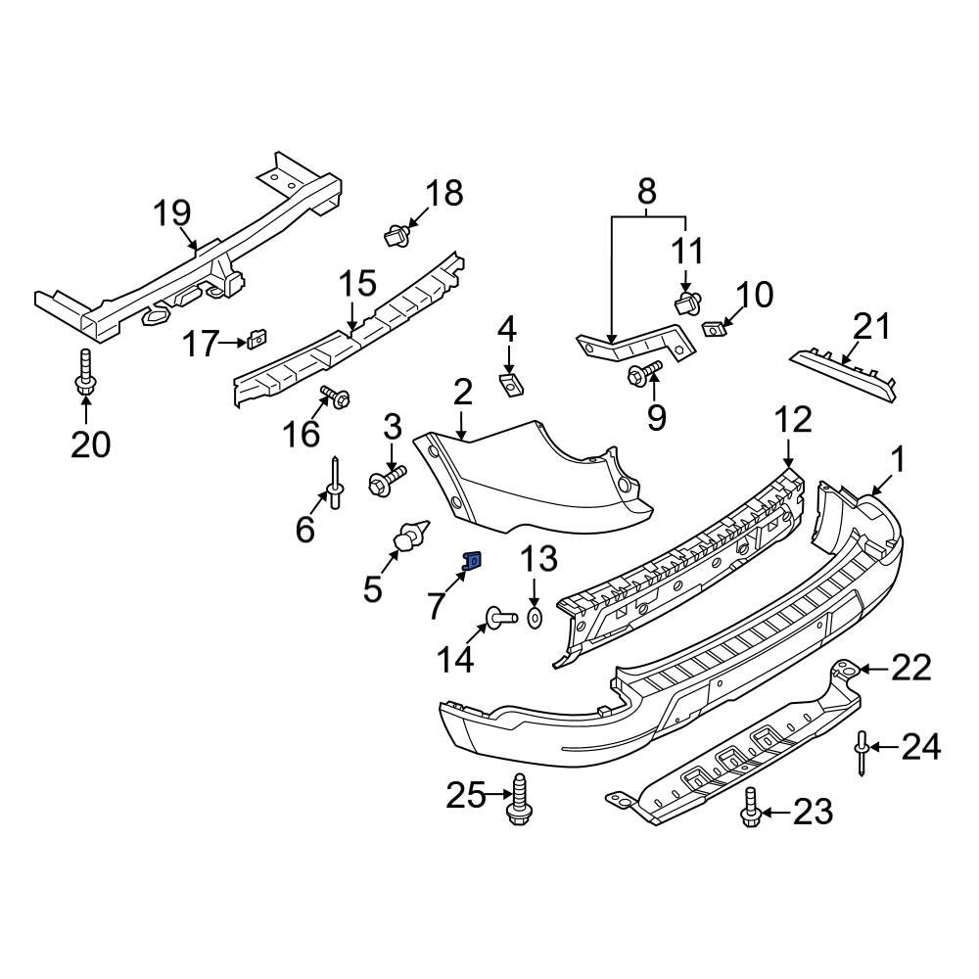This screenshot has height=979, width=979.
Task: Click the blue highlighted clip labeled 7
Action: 471,560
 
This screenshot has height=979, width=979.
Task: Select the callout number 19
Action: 172,211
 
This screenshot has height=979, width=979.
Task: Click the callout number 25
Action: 466,795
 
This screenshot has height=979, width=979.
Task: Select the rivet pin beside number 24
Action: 862,754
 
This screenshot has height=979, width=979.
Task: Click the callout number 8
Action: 647,193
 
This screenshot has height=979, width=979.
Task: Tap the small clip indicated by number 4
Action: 509,383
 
